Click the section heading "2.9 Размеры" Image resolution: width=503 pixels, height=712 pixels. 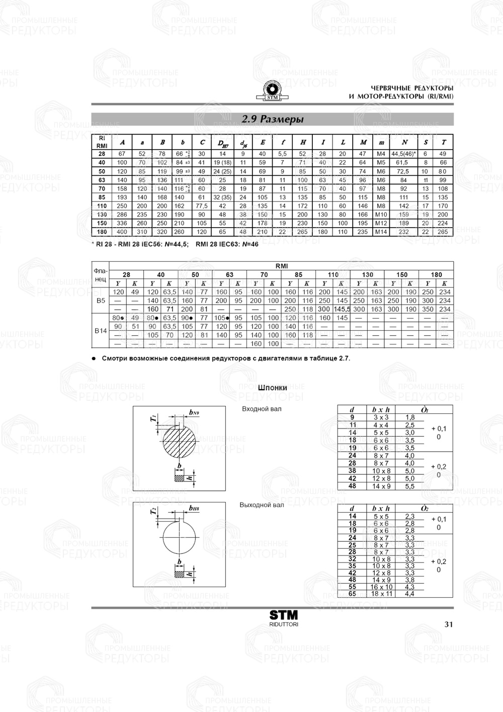[272, 120]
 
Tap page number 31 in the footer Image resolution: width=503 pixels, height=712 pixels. [449, 624]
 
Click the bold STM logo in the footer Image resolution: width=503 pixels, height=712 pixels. [284, 615]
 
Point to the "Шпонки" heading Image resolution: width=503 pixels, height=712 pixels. [272, 388]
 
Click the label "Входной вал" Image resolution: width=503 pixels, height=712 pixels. [262, 409]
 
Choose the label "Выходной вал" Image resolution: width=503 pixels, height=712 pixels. [262, 505]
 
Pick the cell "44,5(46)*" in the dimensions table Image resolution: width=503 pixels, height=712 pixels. [403, 154]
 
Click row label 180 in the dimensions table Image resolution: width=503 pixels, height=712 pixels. [102, 232]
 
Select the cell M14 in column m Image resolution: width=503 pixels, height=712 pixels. [381, 232]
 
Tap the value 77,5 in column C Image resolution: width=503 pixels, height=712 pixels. [202, 205]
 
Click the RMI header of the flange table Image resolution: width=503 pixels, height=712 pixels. [282, 266]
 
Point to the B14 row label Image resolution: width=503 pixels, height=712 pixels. [101, 330]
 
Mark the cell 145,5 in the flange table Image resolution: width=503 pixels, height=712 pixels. [342, 309]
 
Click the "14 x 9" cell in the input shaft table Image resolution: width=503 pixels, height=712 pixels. [381, 486]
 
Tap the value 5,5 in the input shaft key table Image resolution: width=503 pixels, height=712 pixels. [409, 486]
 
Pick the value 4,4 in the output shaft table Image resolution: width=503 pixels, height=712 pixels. [409, 594]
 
